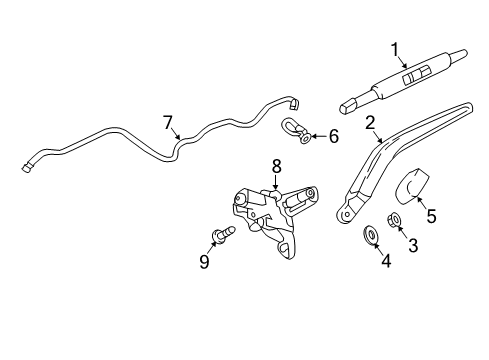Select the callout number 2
pyautogui.click(x=370, y=124)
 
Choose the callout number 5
pyautogui.click(x=431, y=214)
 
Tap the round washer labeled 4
pyautogui.click(x=370, y=236)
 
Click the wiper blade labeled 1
pyautogui.click(x=395, y=79)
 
